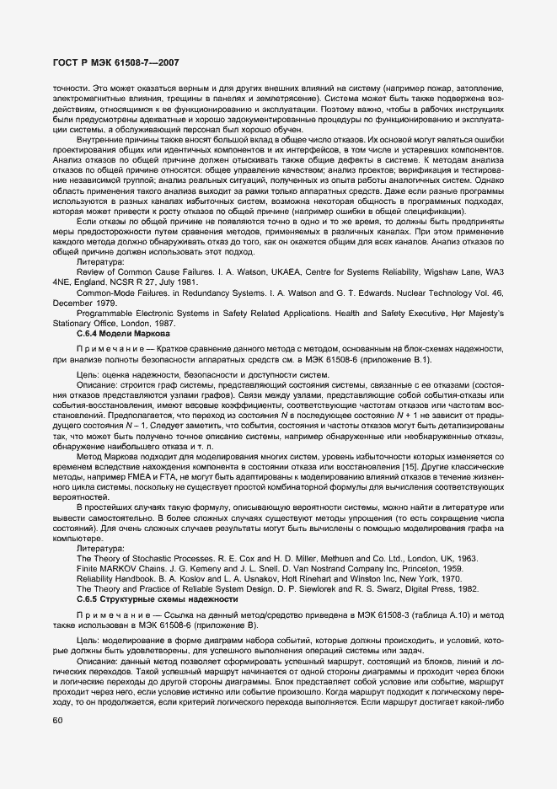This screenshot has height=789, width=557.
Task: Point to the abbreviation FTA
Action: click(x=162, y=466)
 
